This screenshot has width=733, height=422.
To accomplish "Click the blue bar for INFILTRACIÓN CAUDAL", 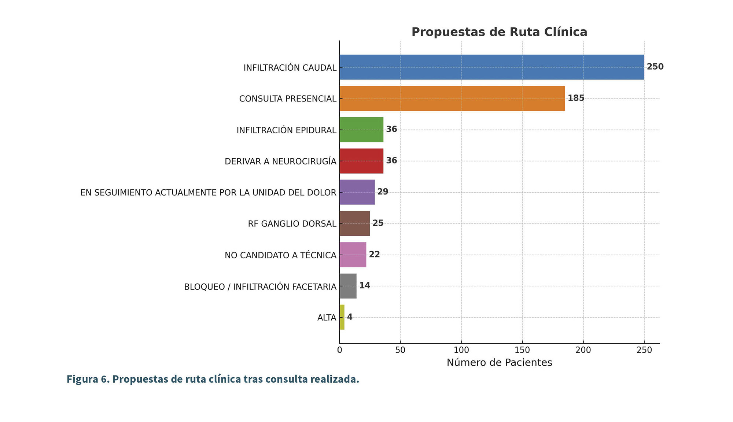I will (491, 67).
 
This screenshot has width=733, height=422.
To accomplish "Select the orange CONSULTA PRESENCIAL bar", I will (452, 99).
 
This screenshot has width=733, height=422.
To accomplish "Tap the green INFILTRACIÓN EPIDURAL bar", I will (361, 130).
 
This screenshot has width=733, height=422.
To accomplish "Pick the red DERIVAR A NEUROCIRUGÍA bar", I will (361, 161).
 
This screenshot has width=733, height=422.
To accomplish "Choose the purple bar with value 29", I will (357, 192).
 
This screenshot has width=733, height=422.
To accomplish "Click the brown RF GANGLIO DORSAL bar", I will (354, 223).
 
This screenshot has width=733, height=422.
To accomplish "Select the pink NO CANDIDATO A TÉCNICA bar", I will (353, 255).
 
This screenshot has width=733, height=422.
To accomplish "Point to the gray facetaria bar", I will (348, 286).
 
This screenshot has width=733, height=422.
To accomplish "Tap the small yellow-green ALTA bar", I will (342, 317).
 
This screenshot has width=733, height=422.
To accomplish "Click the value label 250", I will (655, 67).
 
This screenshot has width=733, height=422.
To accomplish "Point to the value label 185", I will (576, 98).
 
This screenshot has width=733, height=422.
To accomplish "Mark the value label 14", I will (365, 286).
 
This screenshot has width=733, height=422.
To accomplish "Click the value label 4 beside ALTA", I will (350, 317).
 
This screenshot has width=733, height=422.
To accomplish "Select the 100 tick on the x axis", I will (461, 350).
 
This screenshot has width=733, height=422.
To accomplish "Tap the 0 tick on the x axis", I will (339, 350).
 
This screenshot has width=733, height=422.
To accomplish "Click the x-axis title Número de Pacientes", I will (499, 363).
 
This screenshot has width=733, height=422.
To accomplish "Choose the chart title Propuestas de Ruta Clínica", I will (499, 32).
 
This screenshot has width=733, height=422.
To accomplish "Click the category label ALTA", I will (327, 318).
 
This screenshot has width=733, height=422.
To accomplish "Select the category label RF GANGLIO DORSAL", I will (292, 224).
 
